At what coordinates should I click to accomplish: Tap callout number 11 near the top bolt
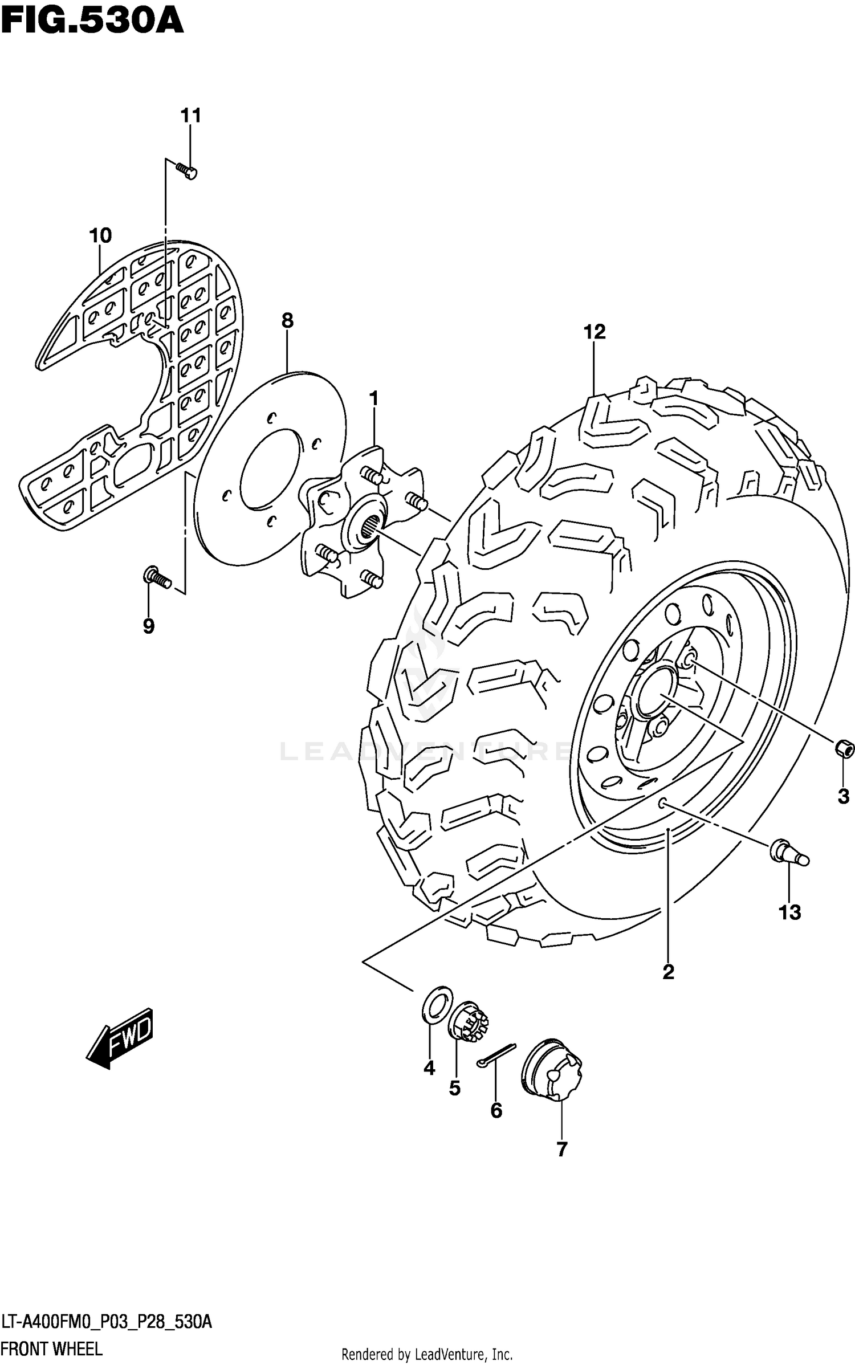click(x=191, y=116)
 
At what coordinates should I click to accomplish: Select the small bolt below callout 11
click(x=186, y=170)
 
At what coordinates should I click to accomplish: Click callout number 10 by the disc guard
click(x=100, y=235)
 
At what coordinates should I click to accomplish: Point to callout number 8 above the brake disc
click(x=287, y=321)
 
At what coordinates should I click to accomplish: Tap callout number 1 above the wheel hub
click(x=373, y=398)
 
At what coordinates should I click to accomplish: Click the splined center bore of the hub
click(x=367, y=527)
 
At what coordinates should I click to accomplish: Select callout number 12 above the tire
click(x=594, y=332)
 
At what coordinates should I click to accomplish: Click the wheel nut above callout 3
click(x=844, y=748)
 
